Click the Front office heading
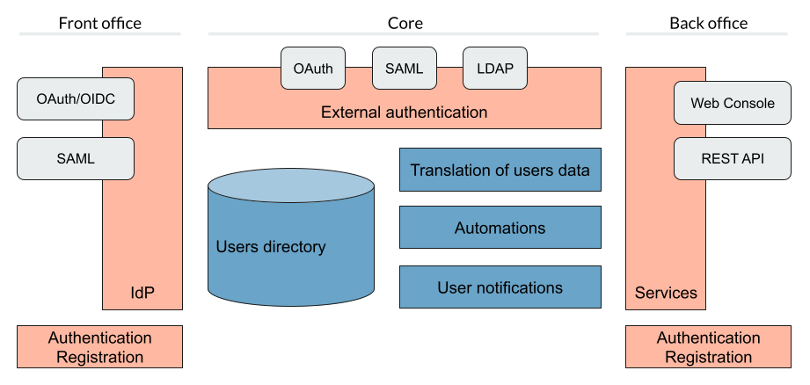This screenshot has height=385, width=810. [99, 23]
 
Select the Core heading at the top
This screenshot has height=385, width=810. [405, 23]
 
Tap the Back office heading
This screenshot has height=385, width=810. [708, 23]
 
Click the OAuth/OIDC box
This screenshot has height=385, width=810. [76, 99]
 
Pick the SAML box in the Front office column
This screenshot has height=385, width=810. [76, 159]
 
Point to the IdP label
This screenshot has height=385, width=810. [142, 293]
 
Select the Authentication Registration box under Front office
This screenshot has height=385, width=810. [99, 347]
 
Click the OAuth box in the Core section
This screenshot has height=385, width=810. [313, 69]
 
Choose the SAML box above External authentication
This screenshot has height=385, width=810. [405, 69]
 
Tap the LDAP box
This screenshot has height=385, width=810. [495, 69]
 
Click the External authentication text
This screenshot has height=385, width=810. [404, 113]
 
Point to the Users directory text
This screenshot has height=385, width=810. [270, 247]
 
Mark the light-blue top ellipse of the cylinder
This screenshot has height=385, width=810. [291, 186]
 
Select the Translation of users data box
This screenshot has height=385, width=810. [500, 170]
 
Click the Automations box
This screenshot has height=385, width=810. [500, 228]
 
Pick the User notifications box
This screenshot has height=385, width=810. [500, 287]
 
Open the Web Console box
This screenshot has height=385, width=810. [733, 103]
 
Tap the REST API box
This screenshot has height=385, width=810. [733, 159]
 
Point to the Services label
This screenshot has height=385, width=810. [666, 293]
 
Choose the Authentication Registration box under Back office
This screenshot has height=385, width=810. [708, 347]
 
